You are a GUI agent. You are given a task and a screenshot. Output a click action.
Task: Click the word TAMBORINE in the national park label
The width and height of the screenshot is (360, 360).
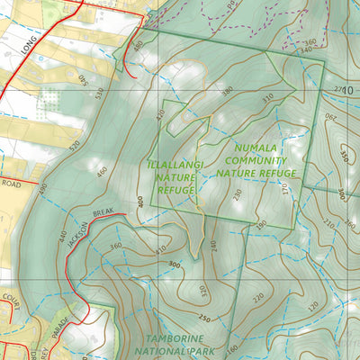point(177,340)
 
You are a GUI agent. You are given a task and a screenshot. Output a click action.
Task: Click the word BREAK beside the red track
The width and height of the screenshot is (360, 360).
point(103,214)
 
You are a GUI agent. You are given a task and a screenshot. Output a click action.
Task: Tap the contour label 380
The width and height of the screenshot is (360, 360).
point(227,91)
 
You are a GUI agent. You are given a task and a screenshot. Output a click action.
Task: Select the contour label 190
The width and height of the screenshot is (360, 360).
point(261,224)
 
